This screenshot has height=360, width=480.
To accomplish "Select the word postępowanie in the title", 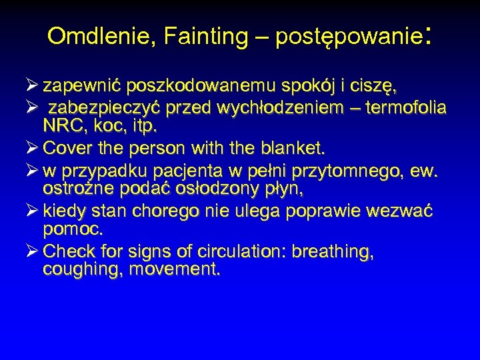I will pyautogui.click(x=347, y=37).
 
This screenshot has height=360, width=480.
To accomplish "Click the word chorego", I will pyautogui.click(x=173, y=212).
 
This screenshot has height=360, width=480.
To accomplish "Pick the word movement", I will pyautogui.click(x=177, y=271).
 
